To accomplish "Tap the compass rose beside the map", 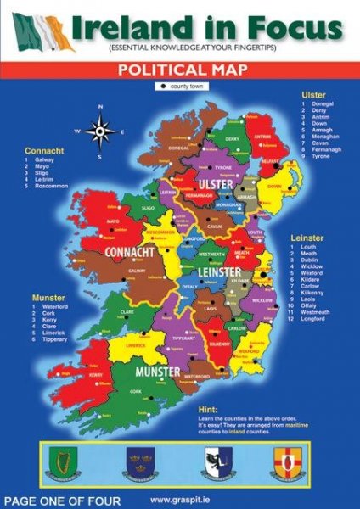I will click(100, 131).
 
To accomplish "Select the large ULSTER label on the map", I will click(215, 184).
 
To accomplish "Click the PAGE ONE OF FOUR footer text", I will click(61, 501).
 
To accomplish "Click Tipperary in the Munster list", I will click(58, 340).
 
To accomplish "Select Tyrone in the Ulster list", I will click(323, 157).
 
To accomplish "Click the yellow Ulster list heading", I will click(314, 93).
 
